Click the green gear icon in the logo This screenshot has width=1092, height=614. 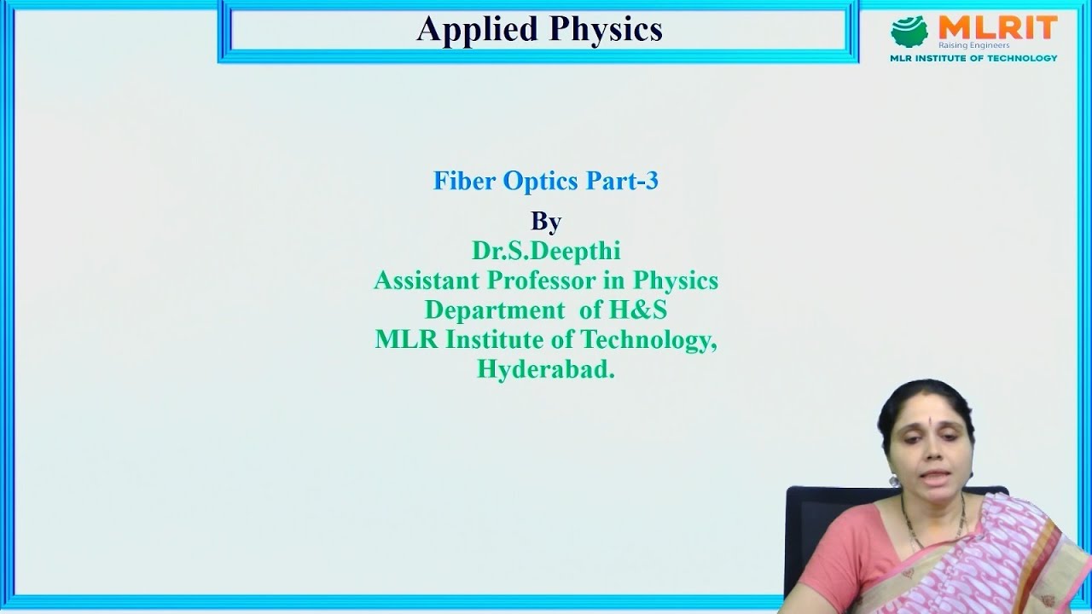pyautogui.click(x=909, y=32)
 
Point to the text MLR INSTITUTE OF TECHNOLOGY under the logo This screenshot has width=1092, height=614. pyautogui.click(x=973, y=58)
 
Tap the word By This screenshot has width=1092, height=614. pyautogui.click(x=546, y=221)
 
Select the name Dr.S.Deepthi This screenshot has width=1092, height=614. pyautogui.click(x=546, y=251)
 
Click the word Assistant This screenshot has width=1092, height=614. pyautogui.click(x=427, y=280)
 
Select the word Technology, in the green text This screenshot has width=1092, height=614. pyautogui.click(x=648, y=339)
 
